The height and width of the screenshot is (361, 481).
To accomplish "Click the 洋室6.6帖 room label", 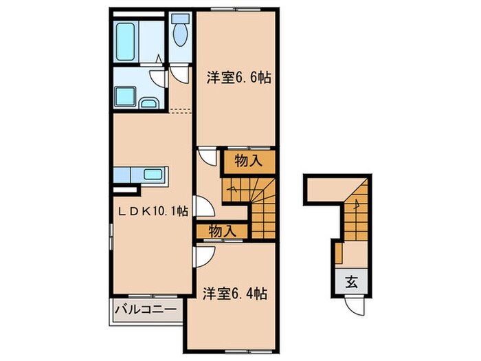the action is coord(238,78).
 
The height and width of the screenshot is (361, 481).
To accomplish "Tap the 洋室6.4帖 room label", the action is coord(235,294).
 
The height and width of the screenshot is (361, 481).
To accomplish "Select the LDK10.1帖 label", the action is coord(153,211).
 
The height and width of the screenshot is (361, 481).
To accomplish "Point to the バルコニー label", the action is coord(146,309).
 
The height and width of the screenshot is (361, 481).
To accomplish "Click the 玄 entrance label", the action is coord(352,281).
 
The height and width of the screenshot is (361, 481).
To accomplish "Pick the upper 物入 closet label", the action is coord(249,160).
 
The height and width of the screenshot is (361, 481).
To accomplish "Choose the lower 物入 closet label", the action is coord(223,231).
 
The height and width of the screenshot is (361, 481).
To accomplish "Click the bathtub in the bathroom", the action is coord(126,42).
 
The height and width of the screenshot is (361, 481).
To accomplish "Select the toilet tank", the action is coord(180,18).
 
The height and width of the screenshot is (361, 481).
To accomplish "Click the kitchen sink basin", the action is coord(153,175).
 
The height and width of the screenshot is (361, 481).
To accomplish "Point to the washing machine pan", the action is coord(125,97).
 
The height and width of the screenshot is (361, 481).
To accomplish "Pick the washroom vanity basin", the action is coord(149,103).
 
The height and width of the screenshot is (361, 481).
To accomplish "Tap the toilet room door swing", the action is coord(180,74).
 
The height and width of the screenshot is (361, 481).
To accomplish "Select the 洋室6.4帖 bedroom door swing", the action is coord(203,256).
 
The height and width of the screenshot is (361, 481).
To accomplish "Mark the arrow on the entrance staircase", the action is coord(357,204).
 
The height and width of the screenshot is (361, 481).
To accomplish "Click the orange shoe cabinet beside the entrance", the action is coord(339,253).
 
